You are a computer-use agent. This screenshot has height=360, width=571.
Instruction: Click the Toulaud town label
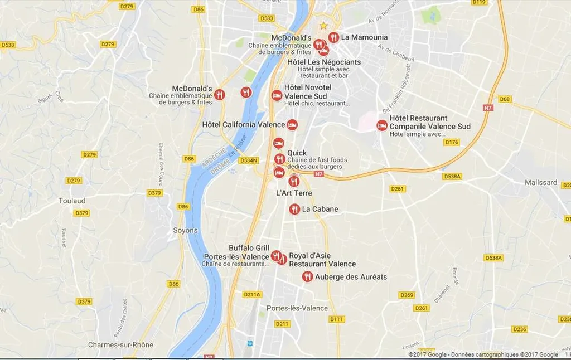[72, 201]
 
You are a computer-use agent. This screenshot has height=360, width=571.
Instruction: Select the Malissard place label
[541, 182]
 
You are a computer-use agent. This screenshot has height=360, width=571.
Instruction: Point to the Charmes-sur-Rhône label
[120, 345]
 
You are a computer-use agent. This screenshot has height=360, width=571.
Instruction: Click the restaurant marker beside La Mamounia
[333, 37]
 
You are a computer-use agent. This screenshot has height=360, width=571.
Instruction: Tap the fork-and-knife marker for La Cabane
[294, 210]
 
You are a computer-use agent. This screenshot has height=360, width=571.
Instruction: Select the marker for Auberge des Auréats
[307, 276]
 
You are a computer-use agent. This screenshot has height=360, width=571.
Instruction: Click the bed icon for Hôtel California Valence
[292, 125]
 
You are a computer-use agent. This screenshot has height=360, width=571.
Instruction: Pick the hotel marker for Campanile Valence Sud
[382, 125]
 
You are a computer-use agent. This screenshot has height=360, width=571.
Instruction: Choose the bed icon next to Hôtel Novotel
[276, 95]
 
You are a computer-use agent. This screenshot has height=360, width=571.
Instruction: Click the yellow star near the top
[323, 25]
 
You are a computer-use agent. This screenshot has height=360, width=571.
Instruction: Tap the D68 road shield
[505, 99]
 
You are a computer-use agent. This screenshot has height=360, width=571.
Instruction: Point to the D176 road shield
[451, 142]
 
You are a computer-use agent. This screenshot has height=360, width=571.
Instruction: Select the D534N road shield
[248, 160]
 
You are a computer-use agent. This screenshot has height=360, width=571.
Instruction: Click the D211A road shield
[252, 294]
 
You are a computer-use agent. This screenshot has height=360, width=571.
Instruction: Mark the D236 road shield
[520, 329]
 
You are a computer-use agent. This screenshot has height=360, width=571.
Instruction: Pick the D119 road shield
[478, 2]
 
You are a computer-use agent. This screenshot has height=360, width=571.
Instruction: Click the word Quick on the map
[297, 153]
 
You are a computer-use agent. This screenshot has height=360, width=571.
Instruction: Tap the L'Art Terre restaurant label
[294, 193]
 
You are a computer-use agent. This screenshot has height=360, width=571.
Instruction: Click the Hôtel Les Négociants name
[324, 62]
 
